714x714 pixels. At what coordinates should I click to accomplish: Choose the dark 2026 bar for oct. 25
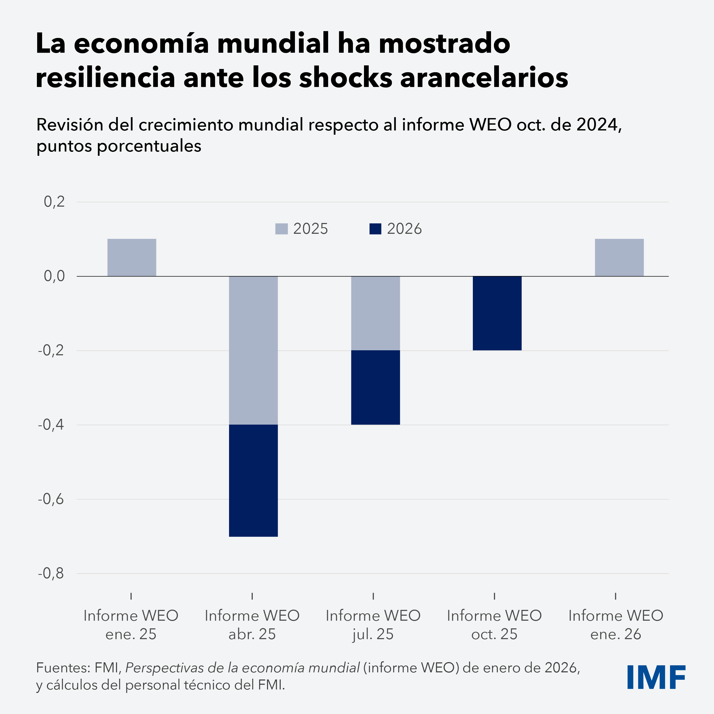[x=497, y=313]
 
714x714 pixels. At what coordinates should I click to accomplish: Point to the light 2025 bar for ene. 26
[x=619, y=257]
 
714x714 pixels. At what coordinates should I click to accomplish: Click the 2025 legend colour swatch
[x=281, y=229]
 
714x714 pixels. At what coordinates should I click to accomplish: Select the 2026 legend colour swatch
[x=375, y=229]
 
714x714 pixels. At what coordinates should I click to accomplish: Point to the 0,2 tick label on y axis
[x=54, y=202]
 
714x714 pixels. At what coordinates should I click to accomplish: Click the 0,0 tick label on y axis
[x=54, y=276]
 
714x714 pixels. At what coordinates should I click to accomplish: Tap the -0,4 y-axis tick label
[x=51, y=425]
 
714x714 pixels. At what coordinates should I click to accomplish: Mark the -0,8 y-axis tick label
[x=51, y=573]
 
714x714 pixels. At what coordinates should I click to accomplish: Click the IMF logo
[x=656, y=677]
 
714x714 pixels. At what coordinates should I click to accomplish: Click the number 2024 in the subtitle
[x=597, y=125]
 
